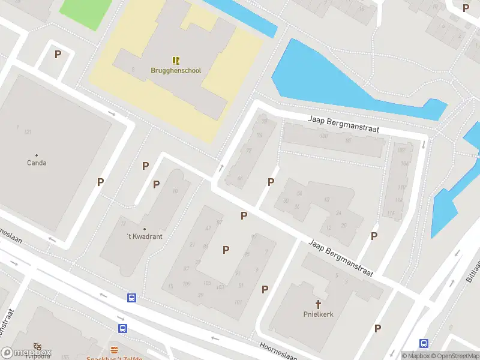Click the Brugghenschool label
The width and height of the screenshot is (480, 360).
[x=176, y=70]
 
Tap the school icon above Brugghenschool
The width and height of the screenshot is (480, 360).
[x=176, y=61]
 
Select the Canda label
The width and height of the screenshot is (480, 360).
[x=37, y=163]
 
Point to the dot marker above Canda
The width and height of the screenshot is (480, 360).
[x=37, y=155]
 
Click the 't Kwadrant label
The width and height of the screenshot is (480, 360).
[x=145, y=236]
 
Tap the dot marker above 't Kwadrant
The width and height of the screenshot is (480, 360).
[x=145, y=229]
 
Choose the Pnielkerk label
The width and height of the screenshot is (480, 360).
[x=318, y=314]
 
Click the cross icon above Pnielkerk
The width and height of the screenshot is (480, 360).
[x=318, y=304]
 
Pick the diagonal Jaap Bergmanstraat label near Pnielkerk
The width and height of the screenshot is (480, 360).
[x=341, y=259]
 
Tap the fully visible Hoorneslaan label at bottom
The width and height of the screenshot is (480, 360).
[x=278, y=350]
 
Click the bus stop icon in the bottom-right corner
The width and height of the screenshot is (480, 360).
[x=424, y=343]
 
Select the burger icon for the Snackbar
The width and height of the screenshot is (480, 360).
[x=114, y=349]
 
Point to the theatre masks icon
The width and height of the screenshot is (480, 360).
[x=38, y=346]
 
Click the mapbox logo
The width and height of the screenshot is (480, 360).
[x=26, y=353]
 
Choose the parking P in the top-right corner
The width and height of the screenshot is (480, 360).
[x=466, y=8]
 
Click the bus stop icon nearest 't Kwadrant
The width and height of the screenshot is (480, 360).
[x=131, y=298]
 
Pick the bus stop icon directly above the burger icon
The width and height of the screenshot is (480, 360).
[x=122, y=328]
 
